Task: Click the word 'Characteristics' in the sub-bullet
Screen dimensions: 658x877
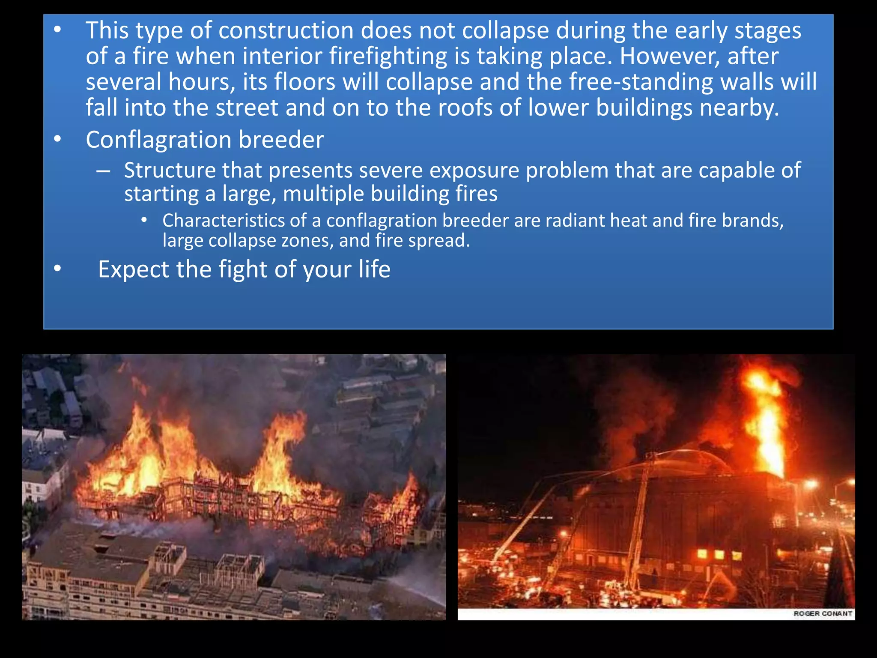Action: (223, 221)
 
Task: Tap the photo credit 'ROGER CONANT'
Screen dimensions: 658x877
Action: (823, 613)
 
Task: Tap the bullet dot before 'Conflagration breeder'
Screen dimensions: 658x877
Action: (58, 139)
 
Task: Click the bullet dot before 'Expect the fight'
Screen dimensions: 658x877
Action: (58, 269)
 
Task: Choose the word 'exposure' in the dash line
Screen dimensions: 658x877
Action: (474, 170)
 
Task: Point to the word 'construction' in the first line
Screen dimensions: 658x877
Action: (286, 30)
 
